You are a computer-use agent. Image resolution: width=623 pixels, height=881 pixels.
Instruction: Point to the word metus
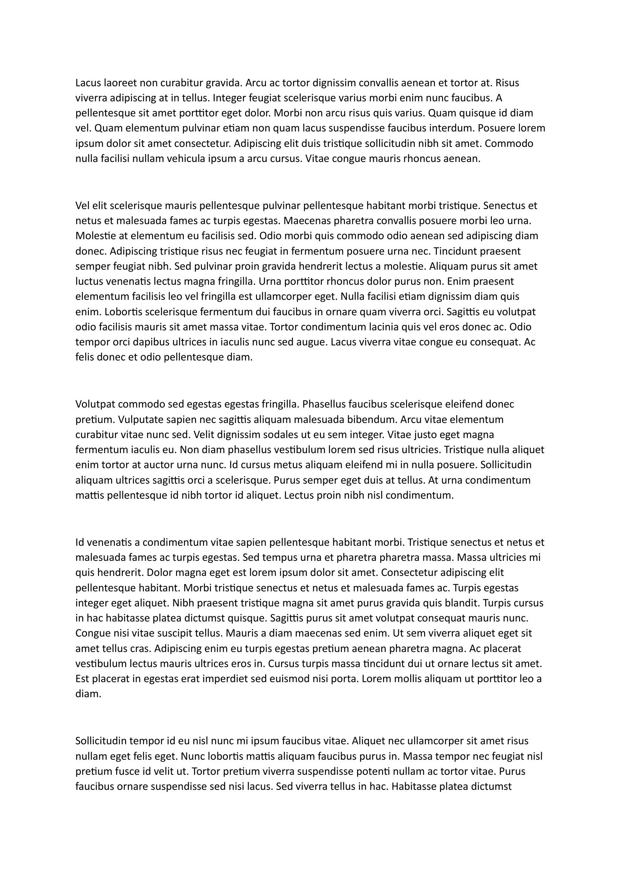pyautogui.click(x=286, y=465)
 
